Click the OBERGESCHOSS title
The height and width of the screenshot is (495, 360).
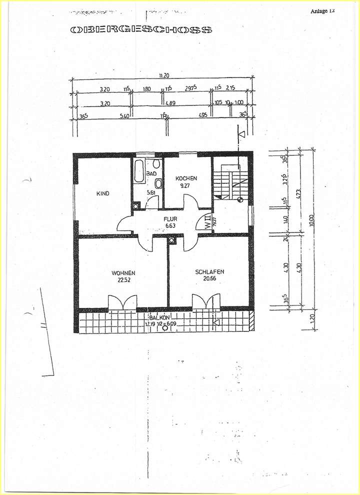[x=141, y=30]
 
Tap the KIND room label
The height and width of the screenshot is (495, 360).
[x=103, y=193]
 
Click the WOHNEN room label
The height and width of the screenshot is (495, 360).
[x=123, y=273]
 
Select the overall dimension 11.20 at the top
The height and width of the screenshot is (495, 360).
[x=164, y=75]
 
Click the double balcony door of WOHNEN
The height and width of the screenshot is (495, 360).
[x=122, y=302]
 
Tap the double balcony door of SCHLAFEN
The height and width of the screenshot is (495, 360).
[x=206, y=302]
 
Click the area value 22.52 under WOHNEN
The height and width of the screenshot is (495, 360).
[x=123, y=280]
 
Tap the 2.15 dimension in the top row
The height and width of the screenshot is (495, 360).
[x=230, y=89]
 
